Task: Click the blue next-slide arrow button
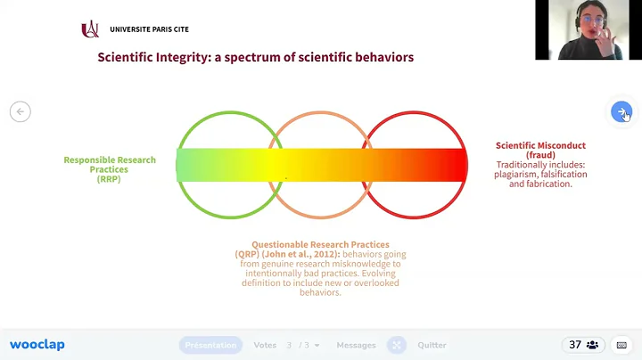tap(621, 111)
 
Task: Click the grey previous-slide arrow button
tap(20, 111)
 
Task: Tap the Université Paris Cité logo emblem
tap(90, 29)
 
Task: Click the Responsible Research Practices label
tap(110, 165)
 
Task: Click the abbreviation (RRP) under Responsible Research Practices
tap(110, 179)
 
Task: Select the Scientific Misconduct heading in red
tap(540, 145)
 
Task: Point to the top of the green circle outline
tap(229, 113)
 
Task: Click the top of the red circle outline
tap(414, 113)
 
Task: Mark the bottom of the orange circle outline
tap(321, 218)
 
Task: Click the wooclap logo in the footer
tap(37, 345)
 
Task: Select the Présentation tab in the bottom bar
tap(210, 345)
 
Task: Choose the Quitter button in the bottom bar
tap(432, 345)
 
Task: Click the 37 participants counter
tap(587, 345)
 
